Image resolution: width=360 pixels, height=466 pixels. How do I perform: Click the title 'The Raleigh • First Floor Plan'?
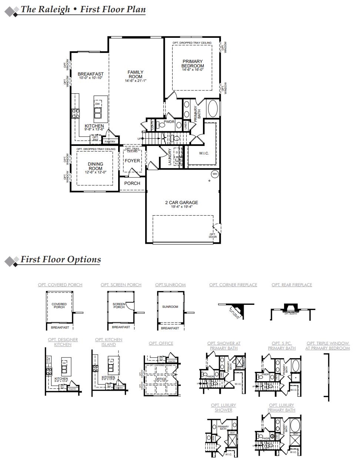83,9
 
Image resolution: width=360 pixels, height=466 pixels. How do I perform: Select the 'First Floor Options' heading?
60,259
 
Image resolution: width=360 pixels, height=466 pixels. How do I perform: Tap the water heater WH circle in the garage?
215,174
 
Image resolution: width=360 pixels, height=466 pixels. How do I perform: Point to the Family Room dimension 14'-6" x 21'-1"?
136,81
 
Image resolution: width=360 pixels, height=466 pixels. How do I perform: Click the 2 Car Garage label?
181,203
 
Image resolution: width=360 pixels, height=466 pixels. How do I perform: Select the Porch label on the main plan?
132,183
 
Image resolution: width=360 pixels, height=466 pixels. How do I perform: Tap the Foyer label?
132,161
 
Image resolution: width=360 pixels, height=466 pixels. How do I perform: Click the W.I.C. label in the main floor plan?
204,153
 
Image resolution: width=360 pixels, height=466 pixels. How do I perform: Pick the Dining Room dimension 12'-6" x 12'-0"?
95,172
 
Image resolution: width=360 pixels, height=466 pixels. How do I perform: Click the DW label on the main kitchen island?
97,104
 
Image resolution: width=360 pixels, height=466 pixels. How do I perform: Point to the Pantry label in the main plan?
110,142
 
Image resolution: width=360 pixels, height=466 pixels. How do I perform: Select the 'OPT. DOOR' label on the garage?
213,236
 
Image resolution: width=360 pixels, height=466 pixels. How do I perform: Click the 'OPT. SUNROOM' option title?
170,285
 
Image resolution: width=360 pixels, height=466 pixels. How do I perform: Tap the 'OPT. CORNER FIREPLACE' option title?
233,285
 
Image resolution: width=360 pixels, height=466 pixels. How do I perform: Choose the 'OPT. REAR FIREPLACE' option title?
292,285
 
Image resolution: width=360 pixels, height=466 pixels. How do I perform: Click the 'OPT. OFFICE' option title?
161,343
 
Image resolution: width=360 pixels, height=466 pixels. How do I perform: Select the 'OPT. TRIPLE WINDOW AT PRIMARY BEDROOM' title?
327,346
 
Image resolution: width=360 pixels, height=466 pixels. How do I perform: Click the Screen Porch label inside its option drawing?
119,306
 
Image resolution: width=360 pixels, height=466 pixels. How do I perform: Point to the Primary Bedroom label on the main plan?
193,64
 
